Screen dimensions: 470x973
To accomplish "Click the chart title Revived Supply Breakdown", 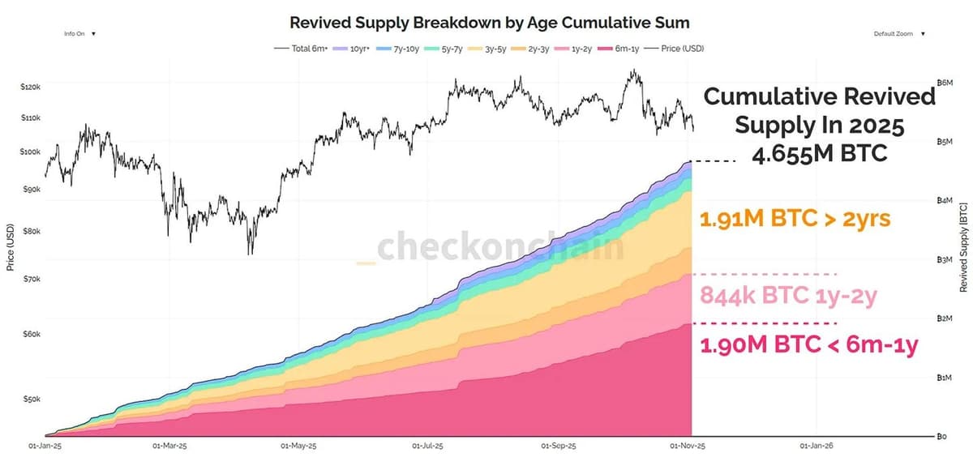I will (490, 22).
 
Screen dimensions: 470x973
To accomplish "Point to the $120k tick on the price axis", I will (31, 86).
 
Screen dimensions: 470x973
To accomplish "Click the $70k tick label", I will (31, 279).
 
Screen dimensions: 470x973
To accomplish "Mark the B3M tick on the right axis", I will (943, 260).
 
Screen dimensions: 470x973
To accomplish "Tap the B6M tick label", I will (943, 83).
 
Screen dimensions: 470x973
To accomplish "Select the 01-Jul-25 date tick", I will (427, 446).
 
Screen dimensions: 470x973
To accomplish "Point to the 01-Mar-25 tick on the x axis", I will (169, 446).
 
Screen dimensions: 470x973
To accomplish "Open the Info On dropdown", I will (79, 34).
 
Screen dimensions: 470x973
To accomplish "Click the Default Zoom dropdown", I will (898, 34).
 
